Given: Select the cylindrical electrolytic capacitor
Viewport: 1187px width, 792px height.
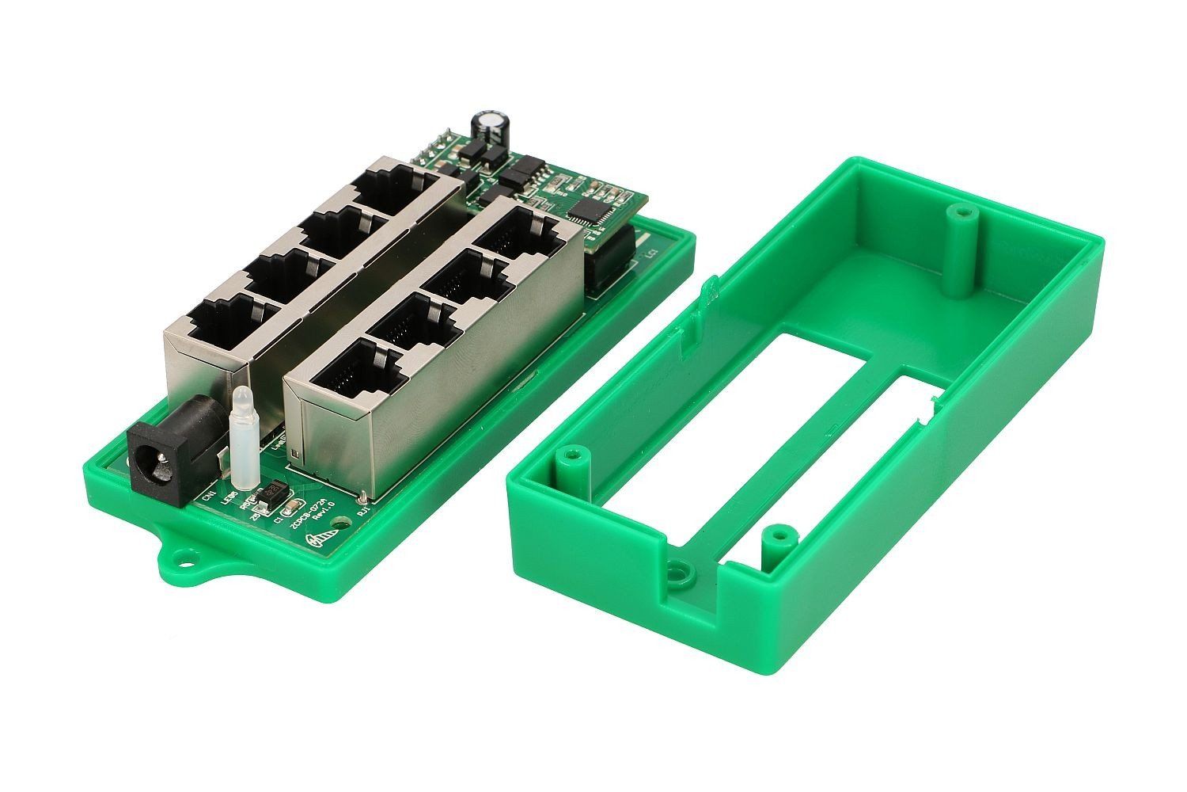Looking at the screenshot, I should click(x=489, y=130).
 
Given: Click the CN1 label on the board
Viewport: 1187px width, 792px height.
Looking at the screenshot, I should click(x=209, y=497).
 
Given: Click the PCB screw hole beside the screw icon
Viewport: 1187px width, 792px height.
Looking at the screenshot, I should click(x=341, y=524).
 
